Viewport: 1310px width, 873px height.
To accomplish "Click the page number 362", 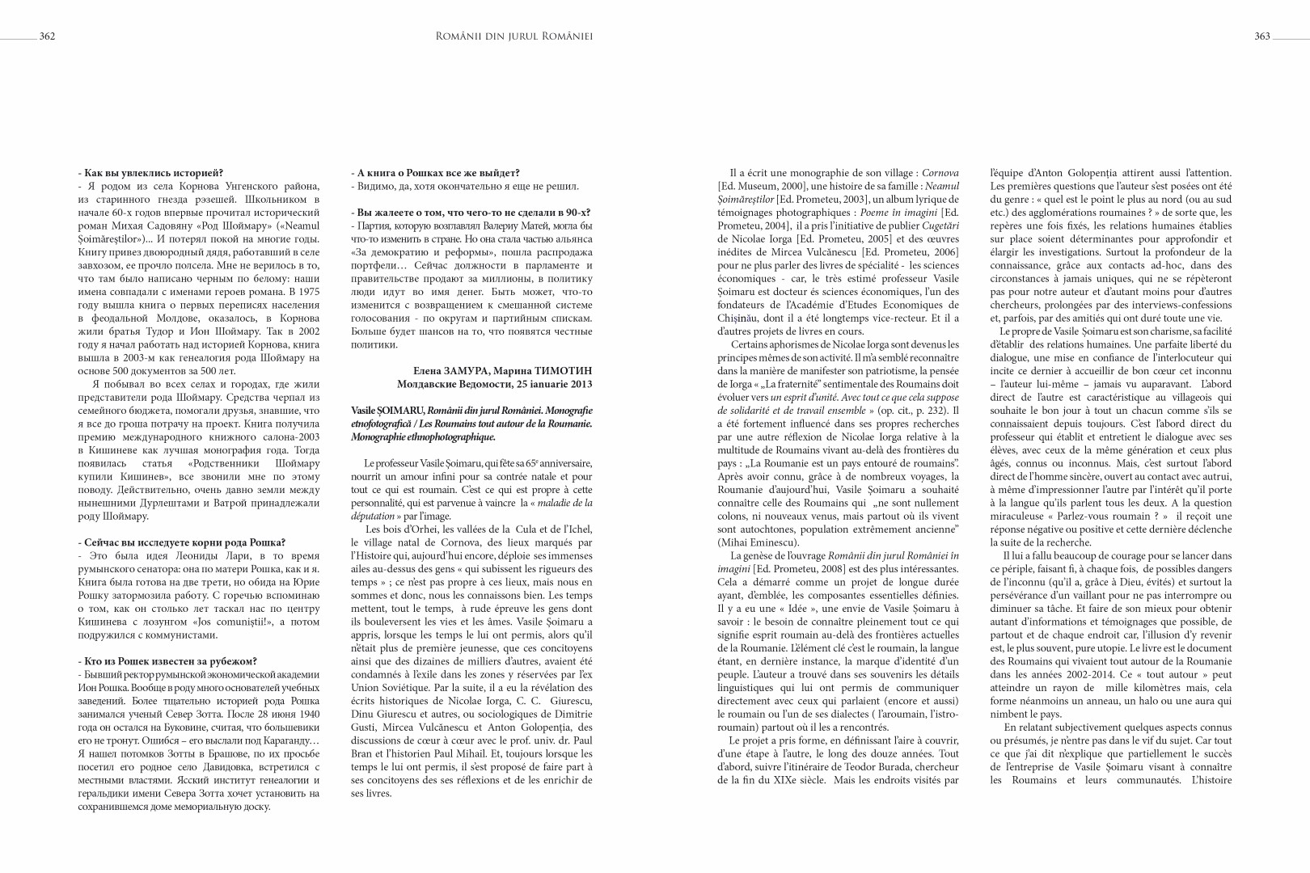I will point(47,36).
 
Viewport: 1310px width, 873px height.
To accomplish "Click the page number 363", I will point(1262,36).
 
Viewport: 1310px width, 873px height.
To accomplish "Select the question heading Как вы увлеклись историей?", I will point(153,172).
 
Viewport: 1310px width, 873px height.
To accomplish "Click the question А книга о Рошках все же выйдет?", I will point(437,172).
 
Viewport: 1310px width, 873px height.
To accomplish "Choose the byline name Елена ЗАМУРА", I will point(446,370).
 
